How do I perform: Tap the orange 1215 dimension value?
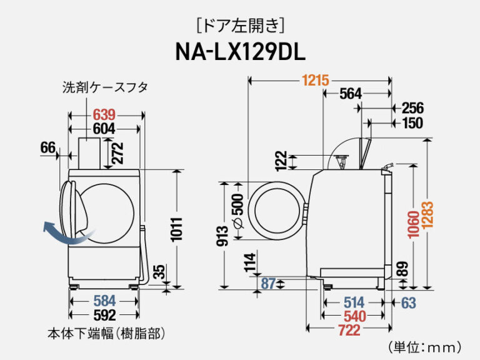pos(316,81)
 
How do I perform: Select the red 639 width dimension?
pos(104,115)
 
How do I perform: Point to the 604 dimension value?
pos(104,129)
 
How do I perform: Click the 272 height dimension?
pos(117,153)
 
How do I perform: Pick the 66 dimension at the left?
pos(48,147)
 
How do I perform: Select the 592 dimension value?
pos(104,315)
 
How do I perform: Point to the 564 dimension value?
pos(350,94)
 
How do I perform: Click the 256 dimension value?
pos(413,107)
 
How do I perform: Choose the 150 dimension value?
pos(413,123)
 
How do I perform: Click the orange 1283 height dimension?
pos(428,224)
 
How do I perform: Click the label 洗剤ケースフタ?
pos(105,87)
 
